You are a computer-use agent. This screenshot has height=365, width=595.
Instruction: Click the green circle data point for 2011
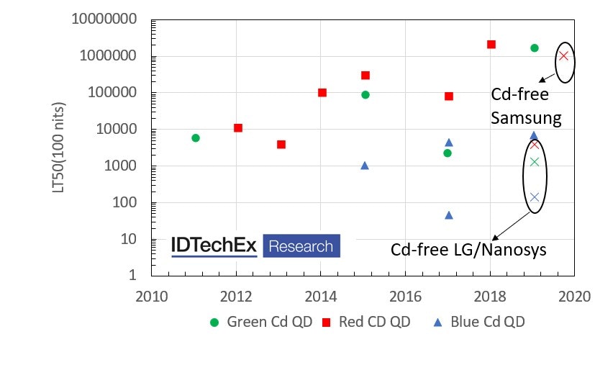click(x=196, y=138)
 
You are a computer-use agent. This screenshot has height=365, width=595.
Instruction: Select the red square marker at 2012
click(x=238, y=128)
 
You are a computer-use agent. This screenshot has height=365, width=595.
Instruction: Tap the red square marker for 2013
click(x=281, y=145)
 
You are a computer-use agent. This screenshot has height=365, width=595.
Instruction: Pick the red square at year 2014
click(x=322, y=92)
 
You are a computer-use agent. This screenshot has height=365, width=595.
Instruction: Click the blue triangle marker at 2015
click(x=365, y=166)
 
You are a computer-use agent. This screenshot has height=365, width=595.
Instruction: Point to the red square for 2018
click(x=491, y=45)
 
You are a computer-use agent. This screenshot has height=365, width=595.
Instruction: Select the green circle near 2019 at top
click(x=534, y=48)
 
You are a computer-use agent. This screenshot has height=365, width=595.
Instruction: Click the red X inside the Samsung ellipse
click(x=564, y=56)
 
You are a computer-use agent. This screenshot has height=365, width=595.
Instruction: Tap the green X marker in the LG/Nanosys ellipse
click(x=535, y=161)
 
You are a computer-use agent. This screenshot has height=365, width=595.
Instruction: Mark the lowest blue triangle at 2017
click(x=449, y=215)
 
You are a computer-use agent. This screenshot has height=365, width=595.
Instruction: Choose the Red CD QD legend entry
click(x=365, y=322)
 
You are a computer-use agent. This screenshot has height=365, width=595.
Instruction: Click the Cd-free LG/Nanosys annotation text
click(x=468, y=250)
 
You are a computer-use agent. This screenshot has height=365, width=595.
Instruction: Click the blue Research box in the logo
click(x=301, y=246)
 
